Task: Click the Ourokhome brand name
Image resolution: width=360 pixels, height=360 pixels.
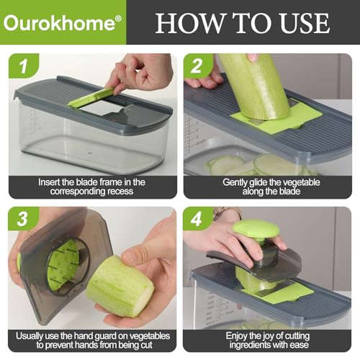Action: pos(58,22)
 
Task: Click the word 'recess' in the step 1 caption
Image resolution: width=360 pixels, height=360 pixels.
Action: pos(125,194)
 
